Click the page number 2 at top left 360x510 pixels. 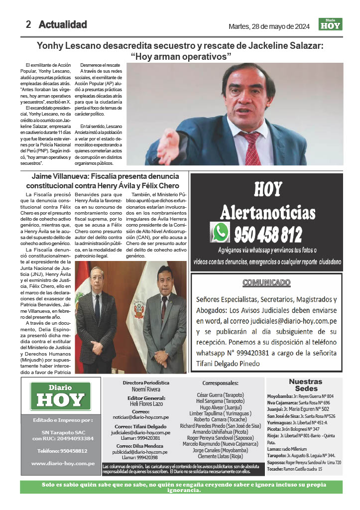(29, 24)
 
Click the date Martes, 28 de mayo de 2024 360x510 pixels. (269, 26)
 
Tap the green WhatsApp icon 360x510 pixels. (220, 232)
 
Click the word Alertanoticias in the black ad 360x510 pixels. (267, 213)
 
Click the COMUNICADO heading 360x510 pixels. (266, 283)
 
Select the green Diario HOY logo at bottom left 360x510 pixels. (60, 396)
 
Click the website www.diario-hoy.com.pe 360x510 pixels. (63, 463)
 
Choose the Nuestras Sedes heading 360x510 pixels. (309, 384)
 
